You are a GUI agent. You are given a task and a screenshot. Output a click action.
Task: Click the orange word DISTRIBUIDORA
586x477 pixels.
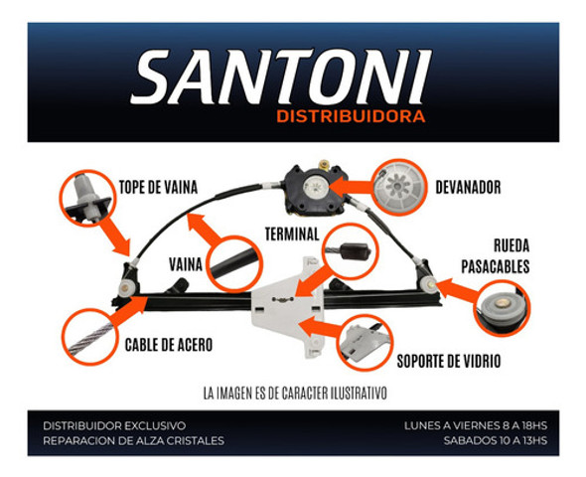click(352, 117)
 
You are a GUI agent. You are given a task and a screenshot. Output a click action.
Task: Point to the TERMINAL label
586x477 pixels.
click(291, 236)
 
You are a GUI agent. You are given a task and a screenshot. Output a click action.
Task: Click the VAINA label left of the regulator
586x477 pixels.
click(186, 265)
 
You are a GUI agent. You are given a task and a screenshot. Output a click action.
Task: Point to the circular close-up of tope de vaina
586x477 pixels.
click(87, 197)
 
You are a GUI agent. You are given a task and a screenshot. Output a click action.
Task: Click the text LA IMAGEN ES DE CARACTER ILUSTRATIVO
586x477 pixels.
click(292, 392)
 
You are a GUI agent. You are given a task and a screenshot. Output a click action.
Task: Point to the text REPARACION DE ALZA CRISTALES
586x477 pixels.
click(133, 440)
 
